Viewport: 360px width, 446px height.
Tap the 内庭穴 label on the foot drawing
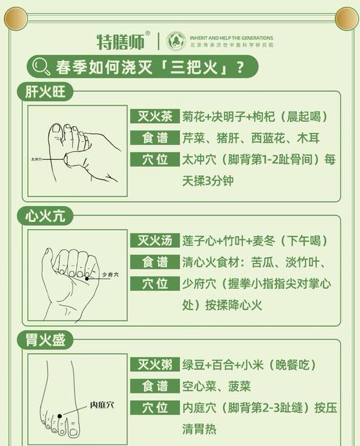pyautogui.click(x=101, y=405)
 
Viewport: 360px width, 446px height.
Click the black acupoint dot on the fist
pyautogui.click(x=87, y=277)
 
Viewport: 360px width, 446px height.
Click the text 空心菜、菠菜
pyautogui.click(x=216, y=386)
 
